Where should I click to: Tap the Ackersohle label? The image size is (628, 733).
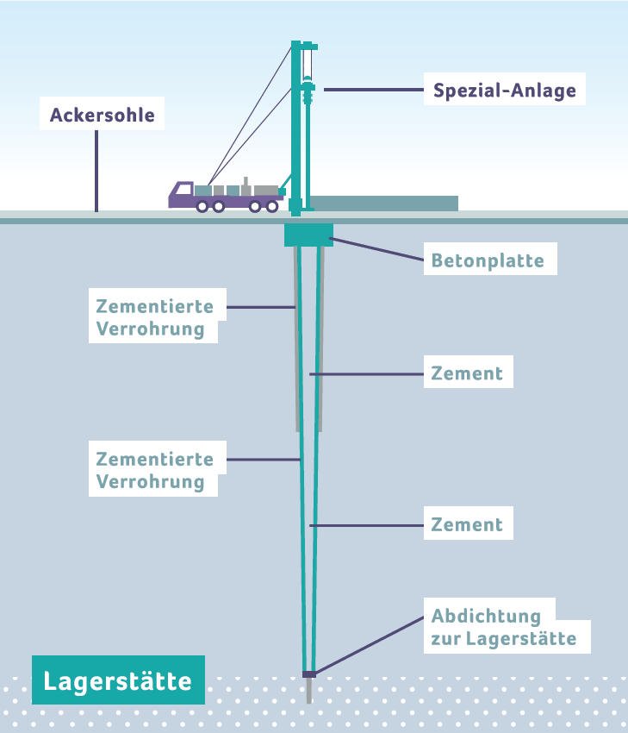tap(103, 115)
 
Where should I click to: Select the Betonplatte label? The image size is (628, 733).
tap(488, 260)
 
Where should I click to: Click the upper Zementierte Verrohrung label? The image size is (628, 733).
tap(156, 316)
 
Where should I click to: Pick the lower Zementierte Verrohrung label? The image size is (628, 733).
tap(156, 469)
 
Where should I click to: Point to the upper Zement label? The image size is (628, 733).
tap(468, 373)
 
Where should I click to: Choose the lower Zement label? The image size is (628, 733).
tap(468, 524)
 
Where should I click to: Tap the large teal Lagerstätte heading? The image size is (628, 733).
tap(118, 681)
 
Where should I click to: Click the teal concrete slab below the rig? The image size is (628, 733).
tap(308, 234)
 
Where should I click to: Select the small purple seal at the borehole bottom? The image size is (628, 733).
tap(309, 673)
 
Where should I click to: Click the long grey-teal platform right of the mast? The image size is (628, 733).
tap(383, 204)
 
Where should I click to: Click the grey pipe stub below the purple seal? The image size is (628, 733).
tap(309, 691)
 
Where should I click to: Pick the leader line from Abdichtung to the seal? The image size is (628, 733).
tap(370, 643)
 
